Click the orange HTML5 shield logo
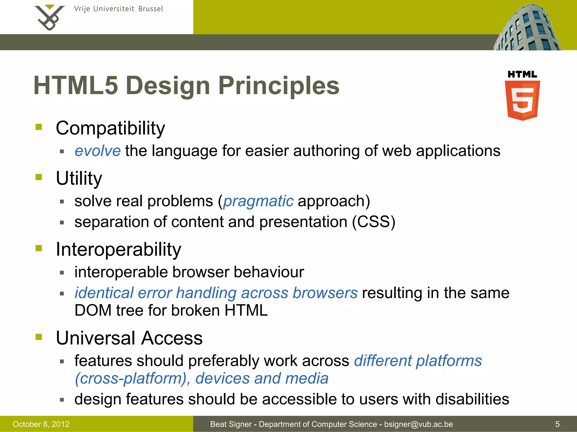(x=522, y=100)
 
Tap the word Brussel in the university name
(x=150, y=9)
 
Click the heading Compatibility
(x=110, y=128)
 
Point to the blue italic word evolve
(x=97, y=151)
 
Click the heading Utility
(x=79, y=178)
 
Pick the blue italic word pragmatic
(x=258, y=201)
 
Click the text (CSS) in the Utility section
(x=374, y=222)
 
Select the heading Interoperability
(x=118, y=249)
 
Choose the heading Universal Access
(x=129, y=338)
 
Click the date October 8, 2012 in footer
(x=41, y=424)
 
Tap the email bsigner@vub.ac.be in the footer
(x=418, y=424)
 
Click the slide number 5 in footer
(x=557, y=424)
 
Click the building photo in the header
(x=527, y=28)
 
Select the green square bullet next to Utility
(x=39, y=177)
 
